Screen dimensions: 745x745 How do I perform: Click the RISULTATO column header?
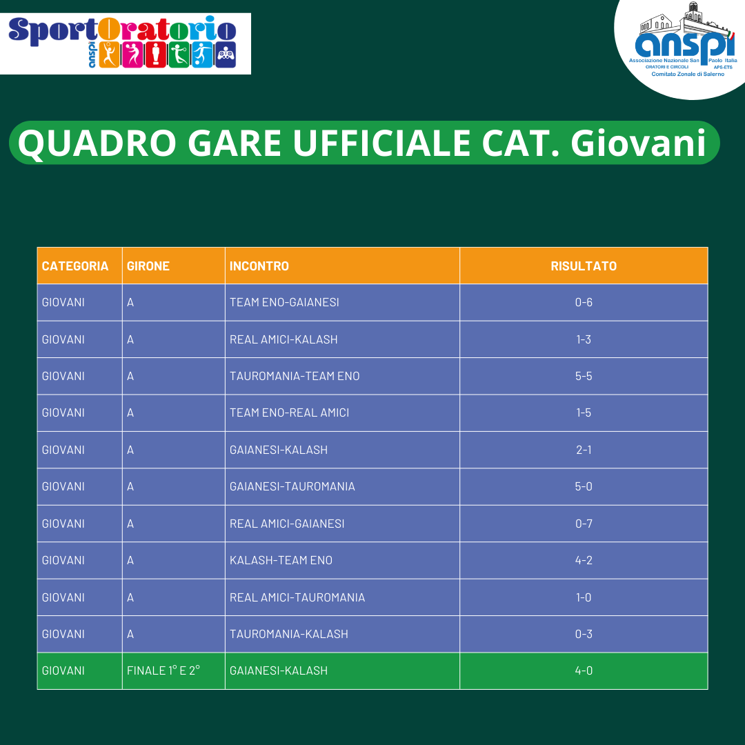(x=584, y=266)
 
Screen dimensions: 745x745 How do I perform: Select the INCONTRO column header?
(x=259, y=266)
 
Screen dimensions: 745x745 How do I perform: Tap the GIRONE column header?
(x=148, y=266)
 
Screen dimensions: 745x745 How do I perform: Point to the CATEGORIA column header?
(x=75, y=266)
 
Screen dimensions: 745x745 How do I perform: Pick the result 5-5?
(x=584, y=376)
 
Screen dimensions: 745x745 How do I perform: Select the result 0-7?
(x=584, y=524)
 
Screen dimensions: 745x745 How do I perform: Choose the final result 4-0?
(x=584, y=670)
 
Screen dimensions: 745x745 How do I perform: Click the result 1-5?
(x=584, y=413)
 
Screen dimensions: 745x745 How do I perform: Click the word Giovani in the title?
(x=639, y=143)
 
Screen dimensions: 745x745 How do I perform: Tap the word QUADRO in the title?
(x=97, y=143)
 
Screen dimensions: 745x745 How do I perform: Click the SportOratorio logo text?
(x=122, y=30)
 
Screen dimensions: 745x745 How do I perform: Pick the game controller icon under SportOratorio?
(x=226, y=54)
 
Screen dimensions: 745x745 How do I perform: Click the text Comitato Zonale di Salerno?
(x=688, y=74)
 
